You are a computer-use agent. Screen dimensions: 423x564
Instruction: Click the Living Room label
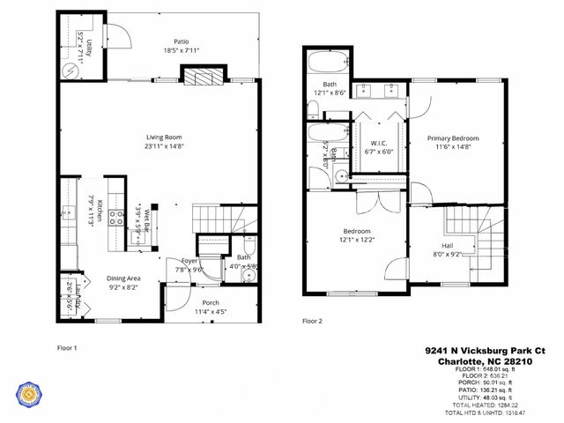click(x=163, y=137)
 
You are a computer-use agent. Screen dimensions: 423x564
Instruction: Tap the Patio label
click(x=182, y=41)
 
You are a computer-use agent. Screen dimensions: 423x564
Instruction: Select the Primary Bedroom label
click(x=452, y=138)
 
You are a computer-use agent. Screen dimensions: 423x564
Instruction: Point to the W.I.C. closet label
click(x=379, y=143)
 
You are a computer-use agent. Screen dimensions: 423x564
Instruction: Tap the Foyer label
click(x=189, y=261)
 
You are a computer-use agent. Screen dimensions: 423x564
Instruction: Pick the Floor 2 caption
click(x=313, y=321)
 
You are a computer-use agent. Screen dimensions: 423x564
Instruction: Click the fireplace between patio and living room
click(x=204, y=77)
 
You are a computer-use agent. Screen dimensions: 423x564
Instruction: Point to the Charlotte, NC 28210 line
click(x=493, y=361)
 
